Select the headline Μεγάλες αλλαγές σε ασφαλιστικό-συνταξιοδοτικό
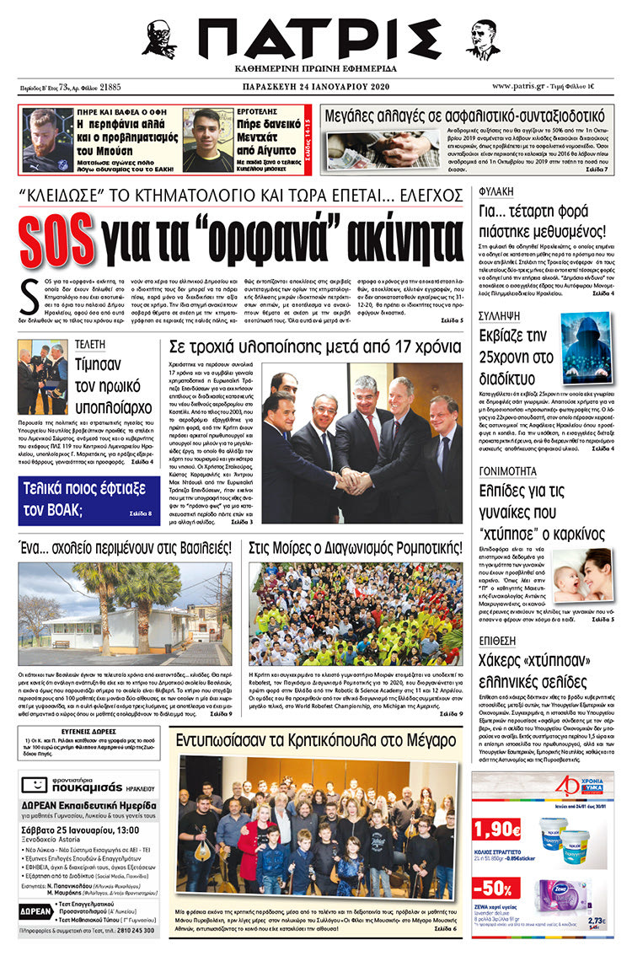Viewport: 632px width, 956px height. tap(464, 115)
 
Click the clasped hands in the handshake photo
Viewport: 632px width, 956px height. tap(351, 481)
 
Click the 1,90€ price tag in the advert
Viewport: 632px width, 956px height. tap(496, 829)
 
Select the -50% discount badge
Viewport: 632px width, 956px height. tap(496, 889)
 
